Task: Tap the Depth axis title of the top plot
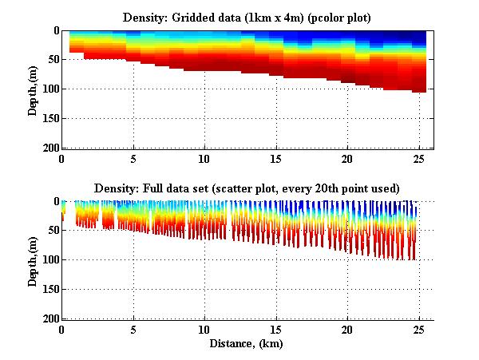click(x=33, y=89)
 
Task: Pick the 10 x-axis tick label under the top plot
click(x=205, y=158)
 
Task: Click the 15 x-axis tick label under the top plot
click(x=276, y=158)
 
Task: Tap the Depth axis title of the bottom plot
click(x=33, y=260)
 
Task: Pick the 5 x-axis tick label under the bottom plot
click(x=133, y=329)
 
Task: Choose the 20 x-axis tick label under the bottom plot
click(x=347, y=329)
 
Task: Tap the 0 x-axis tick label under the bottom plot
click(x=62, y=329)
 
